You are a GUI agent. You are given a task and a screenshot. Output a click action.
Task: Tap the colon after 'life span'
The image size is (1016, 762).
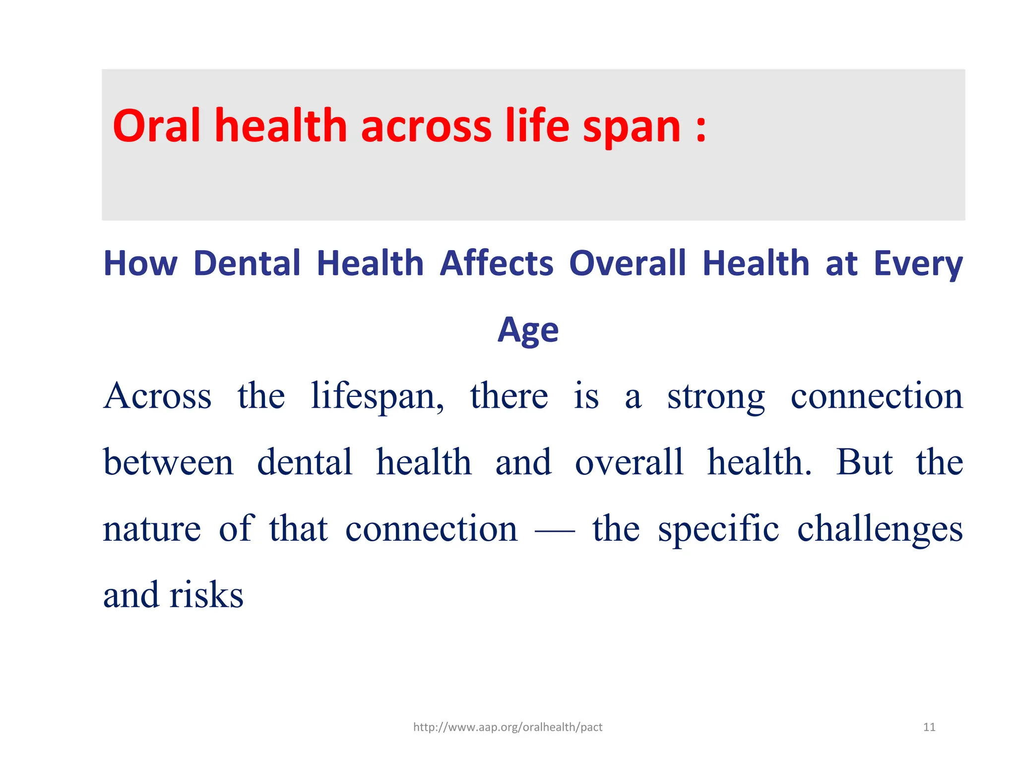700,130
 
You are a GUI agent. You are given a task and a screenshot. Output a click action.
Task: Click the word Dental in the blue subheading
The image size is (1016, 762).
247,263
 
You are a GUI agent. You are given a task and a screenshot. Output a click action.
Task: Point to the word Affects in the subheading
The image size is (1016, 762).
497,263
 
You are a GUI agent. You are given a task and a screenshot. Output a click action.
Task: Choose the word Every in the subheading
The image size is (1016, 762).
918,264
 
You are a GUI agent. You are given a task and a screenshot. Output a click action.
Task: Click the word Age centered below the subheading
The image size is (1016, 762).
528,330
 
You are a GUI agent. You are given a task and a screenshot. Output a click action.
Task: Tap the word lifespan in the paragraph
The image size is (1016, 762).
377,397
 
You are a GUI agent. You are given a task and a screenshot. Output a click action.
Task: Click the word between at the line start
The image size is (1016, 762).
168,462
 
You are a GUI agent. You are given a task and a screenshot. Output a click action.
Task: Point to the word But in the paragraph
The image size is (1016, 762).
864,462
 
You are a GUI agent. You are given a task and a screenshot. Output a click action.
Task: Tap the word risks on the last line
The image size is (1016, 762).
206,595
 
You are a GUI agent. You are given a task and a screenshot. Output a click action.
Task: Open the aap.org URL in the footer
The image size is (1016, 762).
508,727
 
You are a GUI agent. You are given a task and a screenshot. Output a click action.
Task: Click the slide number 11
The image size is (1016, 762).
929,727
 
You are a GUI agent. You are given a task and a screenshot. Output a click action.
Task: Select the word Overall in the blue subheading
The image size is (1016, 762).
628,263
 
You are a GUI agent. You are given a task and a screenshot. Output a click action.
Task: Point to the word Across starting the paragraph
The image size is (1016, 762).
157,397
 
